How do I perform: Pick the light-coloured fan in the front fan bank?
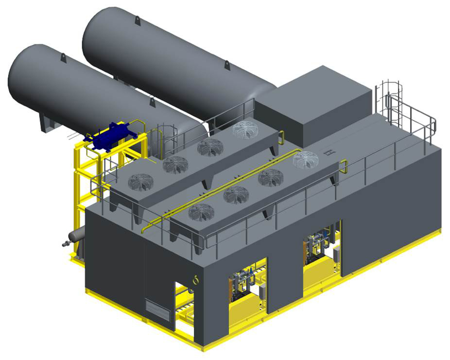(x=305, y=160)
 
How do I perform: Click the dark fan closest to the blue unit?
(x=140, y=182)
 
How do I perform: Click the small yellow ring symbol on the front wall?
(x=196, y=280)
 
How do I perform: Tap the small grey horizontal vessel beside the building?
(x=76, y=236)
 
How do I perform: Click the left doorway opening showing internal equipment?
(x=247, y=285)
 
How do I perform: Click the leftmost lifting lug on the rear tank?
(x=138, y=20)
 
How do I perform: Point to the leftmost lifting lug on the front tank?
(x=63, y=57)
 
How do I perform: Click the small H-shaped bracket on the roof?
(x=329, y=153)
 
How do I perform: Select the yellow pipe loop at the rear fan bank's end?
(x=281, y=137)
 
